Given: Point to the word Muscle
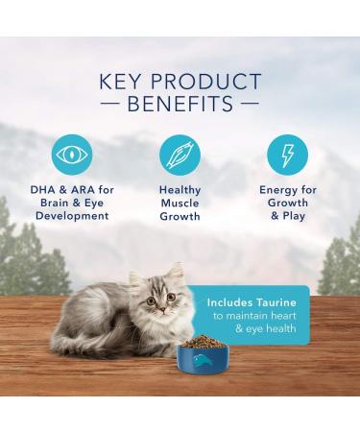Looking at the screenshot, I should [180, 204].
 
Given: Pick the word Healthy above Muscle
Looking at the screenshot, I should [180, 191].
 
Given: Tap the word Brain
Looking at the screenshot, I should [51, 204].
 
